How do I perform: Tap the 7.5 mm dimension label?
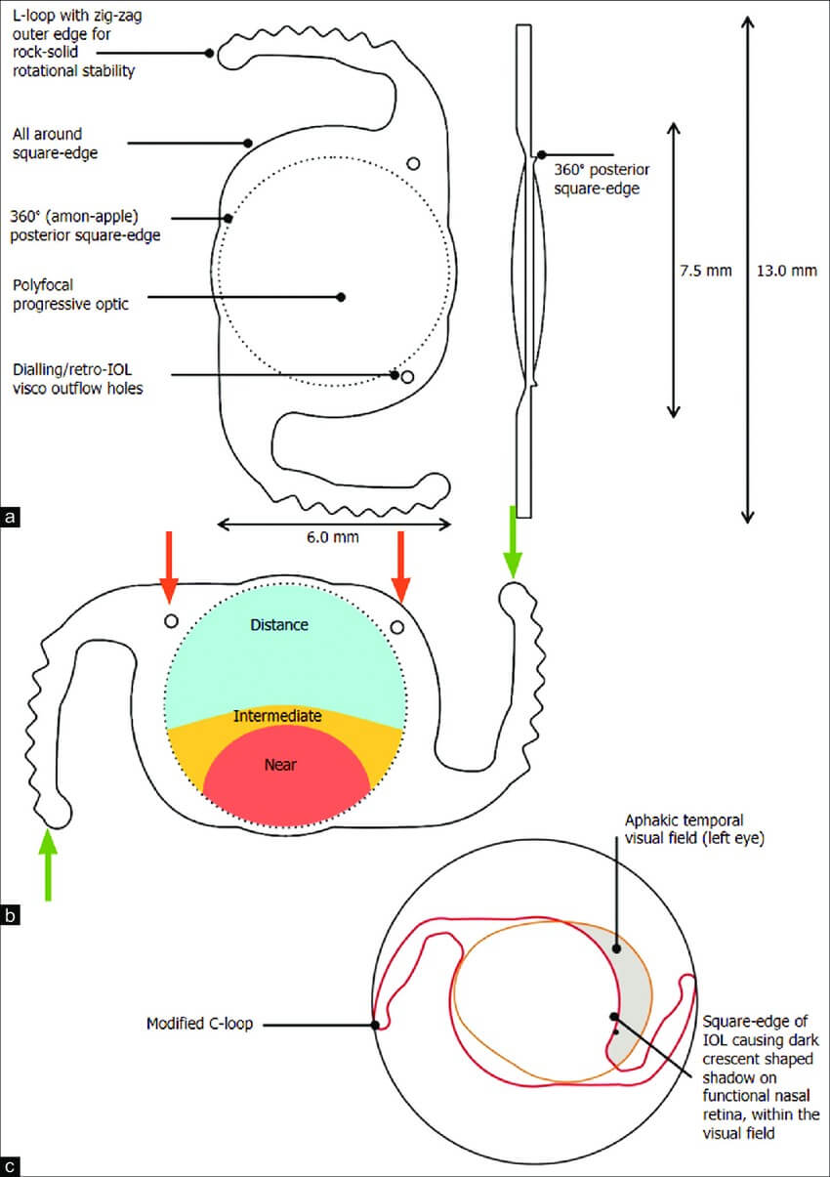point(705,272)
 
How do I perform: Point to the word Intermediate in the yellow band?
point(277,716)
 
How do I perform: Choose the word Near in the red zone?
point(280,765)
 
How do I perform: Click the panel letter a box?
point(11,517)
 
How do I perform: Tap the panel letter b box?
point(11,916)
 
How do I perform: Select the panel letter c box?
point(11,1165)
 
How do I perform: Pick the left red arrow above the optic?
point(169,567)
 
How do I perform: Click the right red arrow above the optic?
point(400,567)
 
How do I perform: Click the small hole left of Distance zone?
point(171,621)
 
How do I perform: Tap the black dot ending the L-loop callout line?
point(210,53)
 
